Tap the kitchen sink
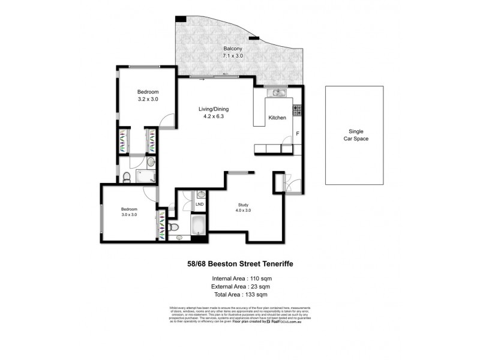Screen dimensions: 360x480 277,92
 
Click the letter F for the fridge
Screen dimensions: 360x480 297,134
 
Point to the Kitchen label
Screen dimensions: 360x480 277,118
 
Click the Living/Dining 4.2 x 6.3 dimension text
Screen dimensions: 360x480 214,117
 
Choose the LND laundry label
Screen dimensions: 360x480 199,205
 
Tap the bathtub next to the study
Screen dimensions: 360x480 199,228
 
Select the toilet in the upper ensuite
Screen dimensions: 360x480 127,176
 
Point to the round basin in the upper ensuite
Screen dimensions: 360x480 150,161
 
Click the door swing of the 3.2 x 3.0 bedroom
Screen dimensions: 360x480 169,120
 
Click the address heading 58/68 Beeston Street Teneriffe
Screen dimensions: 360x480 239,263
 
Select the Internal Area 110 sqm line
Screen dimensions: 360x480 239,278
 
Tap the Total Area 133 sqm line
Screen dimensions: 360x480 239,295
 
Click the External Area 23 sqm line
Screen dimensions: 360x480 239,287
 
